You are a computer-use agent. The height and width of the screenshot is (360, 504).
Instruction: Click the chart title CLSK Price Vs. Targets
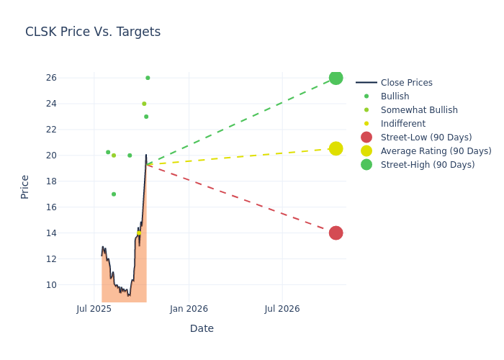tap(93, 32)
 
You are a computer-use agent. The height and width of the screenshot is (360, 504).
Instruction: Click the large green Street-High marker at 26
tap(336, 78)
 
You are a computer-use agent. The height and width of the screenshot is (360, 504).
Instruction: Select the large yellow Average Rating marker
tap(336, 148)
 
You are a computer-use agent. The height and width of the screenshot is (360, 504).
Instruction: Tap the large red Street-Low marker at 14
tap(336, 233)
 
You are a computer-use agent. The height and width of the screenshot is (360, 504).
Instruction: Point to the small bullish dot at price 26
tap(148, 78)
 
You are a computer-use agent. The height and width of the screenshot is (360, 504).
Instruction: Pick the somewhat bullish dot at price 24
tap(144, 104)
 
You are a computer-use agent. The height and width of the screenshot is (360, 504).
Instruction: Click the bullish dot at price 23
tap(146, 117)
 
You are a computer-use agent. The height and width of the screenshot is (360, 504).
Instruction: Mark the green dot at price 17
tap(114, 194)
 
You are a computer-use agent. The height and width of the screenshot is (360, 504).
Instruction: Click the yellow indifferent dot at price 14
tap(139, 233)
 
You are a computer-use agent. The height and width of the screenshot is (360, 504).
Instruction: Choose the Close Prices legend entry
tap(406, 83)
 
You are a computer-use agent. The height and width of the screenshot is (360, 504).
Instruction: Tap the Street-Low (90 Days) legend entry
tap(426, 138)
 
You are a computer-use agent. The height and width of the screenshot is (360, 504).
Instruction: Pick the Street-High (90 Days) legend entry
tap(428, 165)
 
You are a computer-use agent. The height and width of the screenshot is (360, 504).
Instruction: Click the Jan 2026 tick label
tap(189, 309)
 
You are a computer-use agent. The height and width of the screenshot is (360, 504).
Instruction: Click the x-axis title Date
tap(202, 328)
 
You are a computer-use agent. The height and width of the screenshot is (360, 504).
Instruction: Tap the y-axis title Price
tap(25, 186)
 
